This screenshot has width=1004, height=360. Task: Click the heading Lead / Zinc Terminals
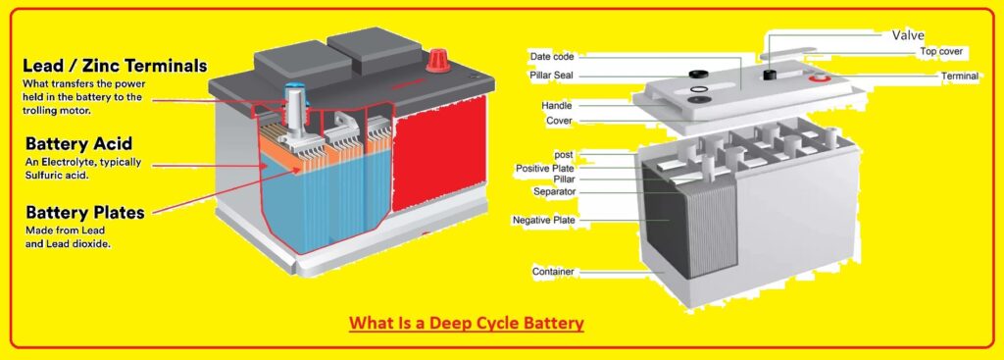tap(116, 66)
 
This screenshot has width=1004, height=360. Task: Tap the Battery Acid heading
tap(77, 143)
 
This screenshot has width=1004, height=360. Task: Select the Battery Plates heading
tap(85, 212)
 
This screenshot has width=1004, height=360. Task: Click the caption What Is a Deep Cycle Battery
tap(466, 323)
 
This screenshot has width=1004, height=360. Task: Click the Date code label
tap(551, 56)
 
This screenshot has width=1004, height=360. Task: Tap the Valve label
tap(907, 35)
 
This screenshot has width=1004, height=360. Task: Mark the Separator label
tap(554, 191)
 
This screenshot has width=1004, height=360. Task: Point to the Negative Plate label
tap(543, 221)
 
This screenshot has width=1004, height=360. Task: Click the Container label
tap(553, 271)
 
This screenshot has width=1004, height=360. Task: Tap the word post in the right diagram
tap(564, 155)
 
